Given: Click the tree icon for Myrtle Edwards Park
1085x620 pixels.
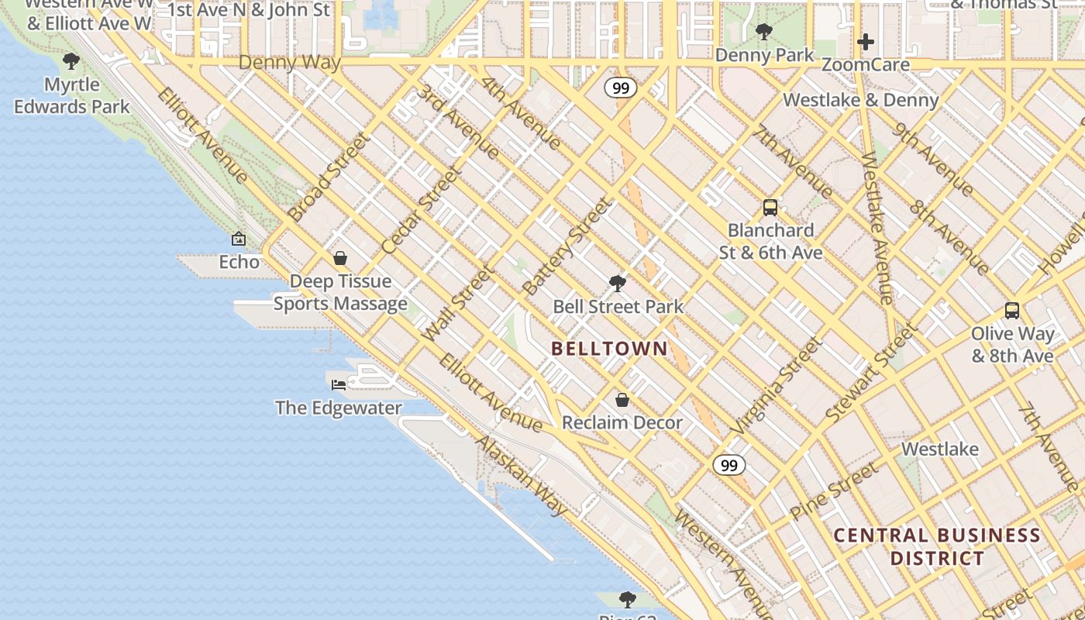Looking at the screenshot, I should (x=71, y=61).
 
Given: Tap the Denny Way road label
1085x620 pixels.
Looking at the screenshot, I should (x=289, y=63).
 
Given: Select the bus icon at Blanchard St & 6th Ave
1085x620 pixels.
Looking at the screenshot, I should (x=770, y=208).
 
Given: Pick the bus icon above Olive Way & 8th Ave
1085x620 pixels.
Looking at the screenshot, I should (x=1011, y=311).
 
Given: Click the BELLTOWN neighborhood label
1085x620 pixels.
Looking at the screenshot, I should (x=609, y=349).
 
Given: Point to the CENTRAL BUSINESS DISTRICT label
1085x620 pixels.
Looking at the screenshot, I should (x=937, y=546).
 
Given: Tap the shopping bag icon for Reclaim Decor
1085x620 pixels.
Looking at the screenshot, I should (x=622, y=400).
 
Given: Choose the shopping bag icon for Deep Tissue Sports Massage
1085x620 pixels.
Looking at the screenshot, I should (x=339, y=258).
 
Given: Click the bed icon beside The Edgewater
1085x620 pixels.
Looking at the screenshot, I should (x=339, y=384).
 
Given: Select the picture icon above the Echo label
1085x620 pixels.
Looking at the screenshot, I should (x=239, y=239).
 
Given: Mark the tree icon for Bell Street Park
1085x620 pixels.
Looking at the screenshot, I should (x=617, y=284).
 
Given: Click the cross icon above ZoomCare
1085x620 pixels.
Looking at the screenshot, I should (x=866, y=41).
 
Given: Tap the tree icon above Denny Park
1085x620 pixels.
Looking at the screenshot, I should (x=763, y=32).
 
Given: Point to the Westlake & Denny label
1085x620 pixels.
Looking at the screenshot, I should (x=860, y=100).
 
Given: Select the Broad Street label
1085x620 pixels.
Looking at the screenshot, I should (x=328, y=177).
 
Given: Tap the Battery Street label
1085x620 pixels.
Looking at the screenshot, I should (x=567, y=247).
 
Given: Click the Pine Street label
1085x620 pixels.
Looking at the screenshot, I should (x=834, y=491).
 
